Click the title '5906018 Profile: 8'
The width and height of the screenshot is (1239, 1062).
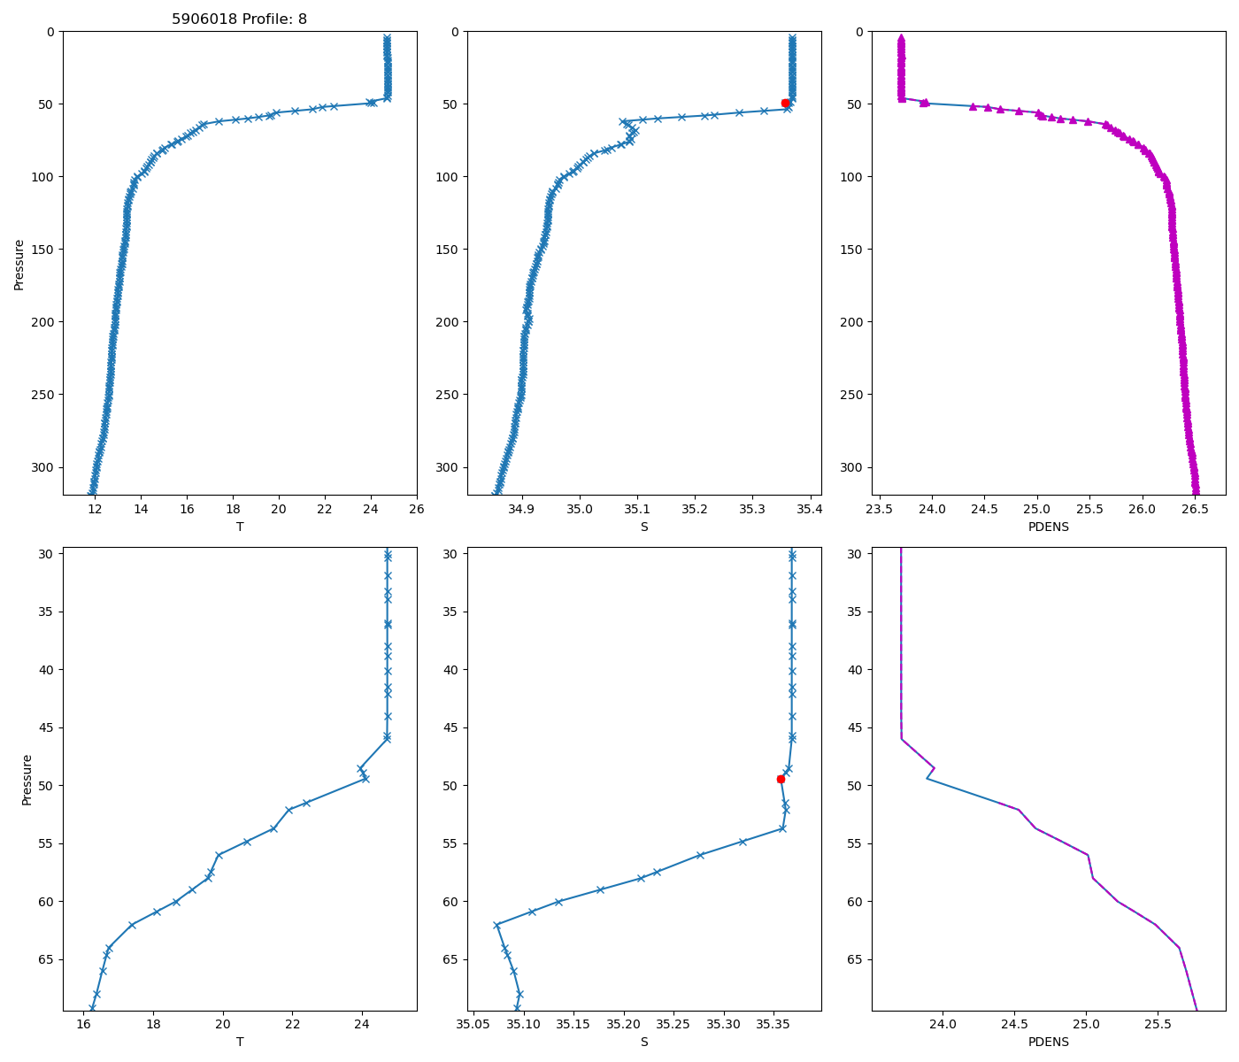point(239,19)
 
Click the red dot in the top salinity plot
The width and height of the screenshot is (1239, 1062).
point(785,103)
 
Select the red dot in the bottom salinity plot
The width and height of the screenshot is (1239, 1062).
point(781,779)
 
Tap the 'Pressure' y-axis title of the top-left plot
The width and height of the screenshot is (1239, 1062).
point(19,264)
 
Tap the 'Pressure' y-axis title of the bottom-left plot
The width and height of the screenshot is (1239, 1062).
point(27,780)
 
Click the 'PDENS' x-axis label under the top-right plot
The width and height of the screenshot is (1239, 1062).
point(1048,527)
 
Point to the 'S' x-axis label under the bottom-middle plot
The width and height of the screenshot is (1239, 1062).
point(644,1042)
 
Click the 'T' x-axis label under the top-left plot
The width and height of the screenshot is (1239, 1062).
point(239,527)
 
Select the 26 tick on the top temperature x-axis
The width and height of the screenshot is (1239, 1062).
point(417,509)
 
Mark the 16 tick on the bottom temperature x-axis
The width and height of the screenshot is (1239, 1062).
point(83,1025)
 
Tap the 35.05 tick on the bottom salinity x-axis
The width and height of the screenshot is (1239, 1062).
point(473,1025)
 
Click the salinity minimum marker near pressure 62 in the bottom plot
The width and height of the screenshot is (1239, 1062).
point(496,925)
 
